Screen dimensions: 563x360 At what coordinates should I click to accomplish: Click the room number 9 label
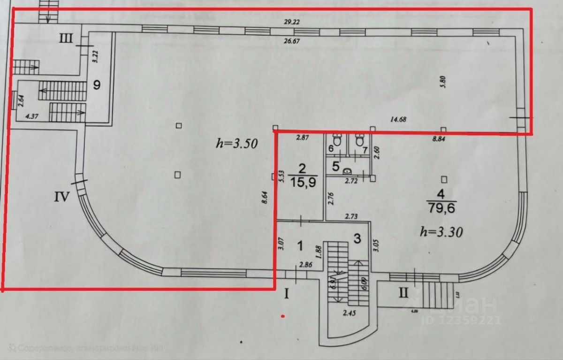(97, 85)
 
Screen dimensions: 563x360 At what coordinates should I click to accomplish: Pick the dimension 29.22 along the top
(292, 22)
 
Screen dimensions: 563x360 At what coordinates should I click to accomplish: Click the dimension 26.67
(292, 41)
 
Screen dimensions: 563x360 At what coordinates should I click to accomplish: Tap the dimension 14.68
(397, 119)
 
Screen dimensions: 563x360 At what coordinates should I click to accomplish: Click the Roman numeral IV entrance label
(62, 196)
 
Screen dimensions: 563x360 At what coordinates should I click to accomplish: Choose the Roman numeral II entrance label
(403, 293)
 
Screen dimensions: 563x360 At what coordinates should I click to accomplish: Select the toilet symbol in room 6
(336, 139)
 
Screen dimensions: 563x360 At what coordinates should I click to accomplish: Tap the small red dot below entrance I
(282, 316)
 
